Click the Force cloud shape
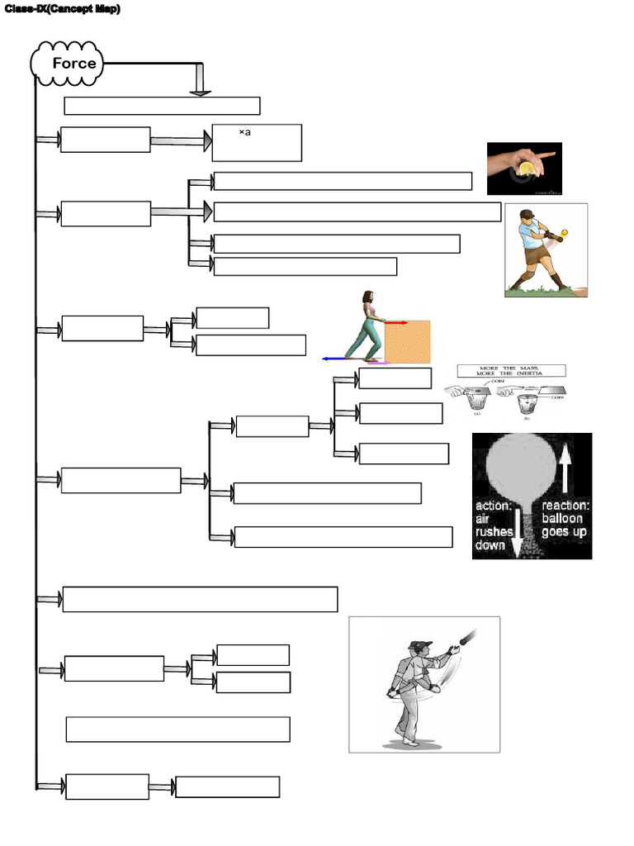(67, 64)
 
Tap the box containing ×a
(257, 143)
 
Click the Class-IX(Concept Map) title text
(63, 9)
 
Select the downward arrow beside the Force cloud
(200, 80)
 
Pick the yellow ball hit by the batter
(565, 232)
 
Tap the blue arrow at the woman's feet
(334, 359)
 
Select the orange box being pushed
(407, 342)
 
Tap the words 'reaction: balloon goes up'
(565, 519)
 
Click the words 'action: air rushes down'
(494, 525)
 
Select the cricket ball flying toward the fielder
(468, 636)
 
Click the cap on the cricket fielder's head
(420, 644)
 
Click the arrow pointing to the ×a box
(179, 142)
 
